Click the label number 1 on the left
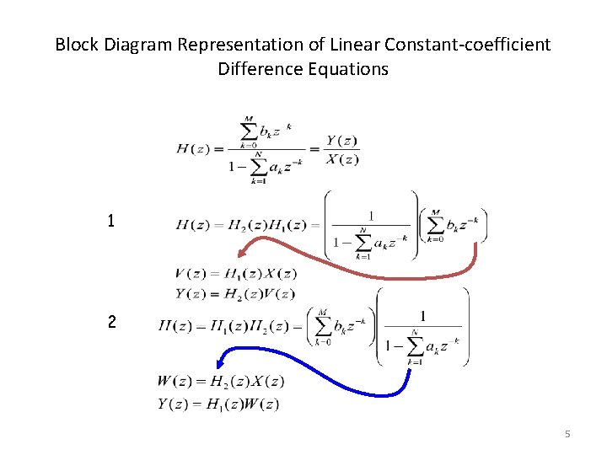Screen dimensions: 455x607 (111, 222)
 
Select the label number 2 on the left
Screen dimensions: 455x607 (111, 323)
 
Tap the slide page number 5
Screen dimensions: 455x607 (567, 434)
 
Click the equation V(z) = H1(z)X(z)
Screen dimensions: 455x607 (235, 274)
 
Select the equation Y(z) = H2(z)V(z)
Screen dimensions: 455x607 (235, 293)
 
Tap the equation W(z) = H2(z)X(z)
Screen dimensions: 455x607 (220, 382)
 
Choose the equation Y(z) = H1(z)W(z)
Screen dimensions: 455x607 (218, 404)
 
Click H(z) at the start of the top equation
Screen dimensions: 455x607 (194, 149)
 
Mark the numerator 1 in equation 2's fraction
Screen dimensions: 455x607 (422, 314)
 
